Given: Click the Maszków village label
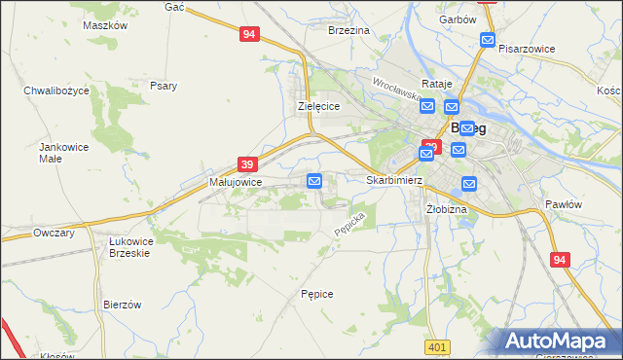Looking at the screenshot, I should tap(106, 26).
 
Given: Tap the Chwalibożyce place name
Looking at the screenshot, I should tap(56, 90).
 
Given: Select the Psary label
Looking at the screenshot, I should tap(164, 86).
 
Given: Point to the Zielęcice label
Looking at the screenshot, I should tap(317, 106).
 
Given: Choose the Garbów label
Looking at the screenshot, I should tap(457, 19).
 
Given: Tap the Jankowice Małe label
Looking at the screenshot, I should tap(57, 153).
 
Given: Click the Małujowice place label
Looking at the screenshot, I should tap(236, 182).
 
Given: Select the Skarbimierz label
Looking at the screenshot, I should tap(393, 180).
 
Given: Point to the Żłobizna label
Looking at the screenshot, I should tap(447, 209).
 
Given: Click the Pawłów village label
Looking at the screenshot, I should tap(563, 204).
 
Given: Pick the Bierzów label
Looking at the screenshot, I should tap(123, 305).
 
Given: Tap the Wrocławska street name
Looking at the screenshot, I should tap(395, 90).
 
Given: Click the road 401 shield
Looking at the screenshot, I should tap(437, 346).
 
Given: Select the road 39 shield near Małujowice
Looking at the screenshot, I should tap(247, 165).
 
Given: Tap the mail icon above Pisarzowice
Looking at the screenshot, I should tap(488, 40).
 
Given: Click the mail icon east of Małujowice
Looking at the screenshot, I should tap(314, 181).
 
